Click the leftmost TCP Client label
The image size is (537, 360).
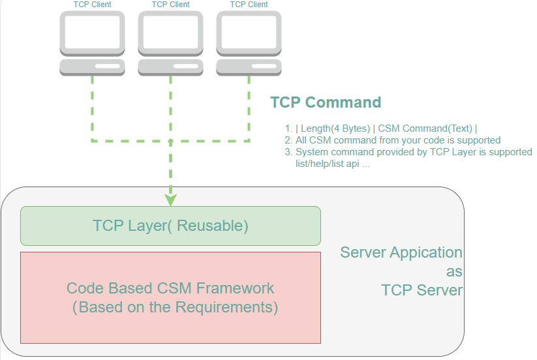[92, 5]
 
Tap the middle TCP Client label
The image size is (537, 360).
[170, 5]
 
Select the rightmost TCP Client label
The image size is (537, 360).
[249, 5]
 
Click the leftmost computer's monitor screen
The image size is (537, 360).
[92, 33]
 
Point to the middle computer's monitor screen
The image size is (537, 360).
[170, 33]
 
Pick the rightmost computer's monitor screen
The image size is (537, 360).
[249, 33]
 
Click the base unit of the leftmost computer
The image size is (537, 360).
[92, 67]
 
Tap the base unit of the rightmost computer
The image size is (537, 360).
[249, 67]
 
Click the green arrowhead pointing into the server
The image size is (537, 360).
[170, 198]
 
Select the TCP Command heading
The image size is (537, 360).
[326, 102]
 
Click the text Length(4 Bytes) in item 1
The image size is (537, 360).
[335, 128]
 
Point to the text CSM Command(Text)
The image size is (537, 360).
[426, 128]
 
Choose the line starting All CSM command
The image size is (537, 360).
[398, 140]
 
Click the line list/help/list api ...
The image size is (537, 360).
[333, 164]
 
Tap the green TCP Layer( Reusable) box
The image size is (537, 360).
[170, 226]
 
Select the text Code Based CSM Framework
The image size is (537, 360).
[170, 288]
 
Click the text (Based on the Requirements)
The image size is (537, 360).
[175, 307]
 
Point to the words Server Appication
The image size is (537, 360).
[401, 252]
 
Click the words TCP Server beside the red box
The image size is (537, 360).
[422, 290]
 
